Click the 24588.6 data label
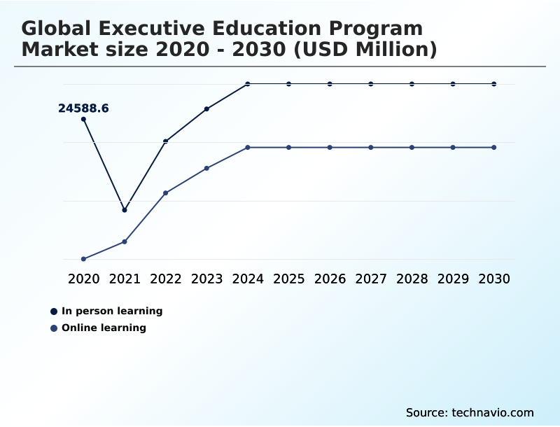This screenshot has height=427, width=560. pyautogui.click(x=83, y=108)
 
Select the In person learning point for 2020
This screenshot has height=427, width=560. pyautogui.click(x=84, y=119)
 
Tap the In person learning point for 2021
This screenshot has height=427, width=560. pyautogui.click(x=125, y=210)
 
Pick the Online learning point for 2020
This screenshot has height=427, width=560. pyautogui.click(x=84, y=259)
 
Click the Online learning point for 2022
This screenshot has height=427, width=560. pyautogui.click(x=166, y=192)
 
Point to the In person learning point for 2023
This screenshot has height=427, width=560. pyautogui.click(x=206, y=108)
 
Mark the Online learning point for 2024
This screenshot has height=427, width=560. pyautogui.click(x=248, y=147)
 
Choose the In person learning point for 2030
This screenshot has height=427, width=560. pyautogui.click(x=494, y=84)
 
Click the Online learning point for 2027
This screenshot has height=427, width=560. pyautogui.click(x=371, y=147)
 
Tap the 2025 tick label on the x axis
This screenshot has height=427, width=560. pyautogui.click(x=288, y=279)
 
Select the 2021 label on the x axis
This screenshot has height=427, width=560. pyautogui.click(x=125, y=279)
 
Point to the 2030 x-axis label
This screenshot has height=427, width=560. pyautogui.click(x=494, y=279)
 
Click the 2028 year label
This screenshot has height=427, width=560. pyautogui.click(x=412, y=279)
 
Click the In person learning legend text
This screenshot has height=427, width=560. pyautogui.click(x=112, y=311)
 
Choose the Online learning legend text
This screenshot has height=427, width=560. pyautogui.click(x=104, y=328)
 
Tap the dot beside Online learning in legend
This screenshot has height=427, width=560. pyautogui.click(x=54, y=328)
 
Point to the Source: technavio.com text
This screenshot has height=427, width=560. pyautogui.click(x=470, y=412)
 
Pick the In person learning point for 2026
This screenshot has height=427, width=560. pyautogui.click(x=330, y=84)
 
